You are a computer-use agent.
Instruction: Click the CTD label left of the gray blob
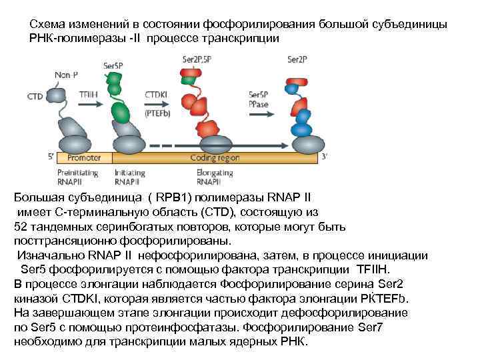[x=35, y=97]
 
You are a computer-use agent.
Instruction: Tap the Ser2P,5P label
[x=198, y=59]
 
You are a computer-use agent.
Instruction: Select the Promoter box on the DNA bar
[x=85, y=158]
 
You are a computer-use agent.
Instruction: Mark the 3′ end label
[x=324, y=157]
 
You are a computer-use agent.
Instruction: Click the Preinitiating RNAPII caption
[x=77, y=177]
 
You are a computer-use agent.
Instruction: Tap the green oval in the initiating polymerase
[x=121, y=112]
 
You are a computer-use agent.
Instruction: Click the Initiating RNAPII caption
[x=129, y=177]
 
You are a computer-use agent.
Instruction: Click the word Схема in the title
[x=46, y=24]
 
